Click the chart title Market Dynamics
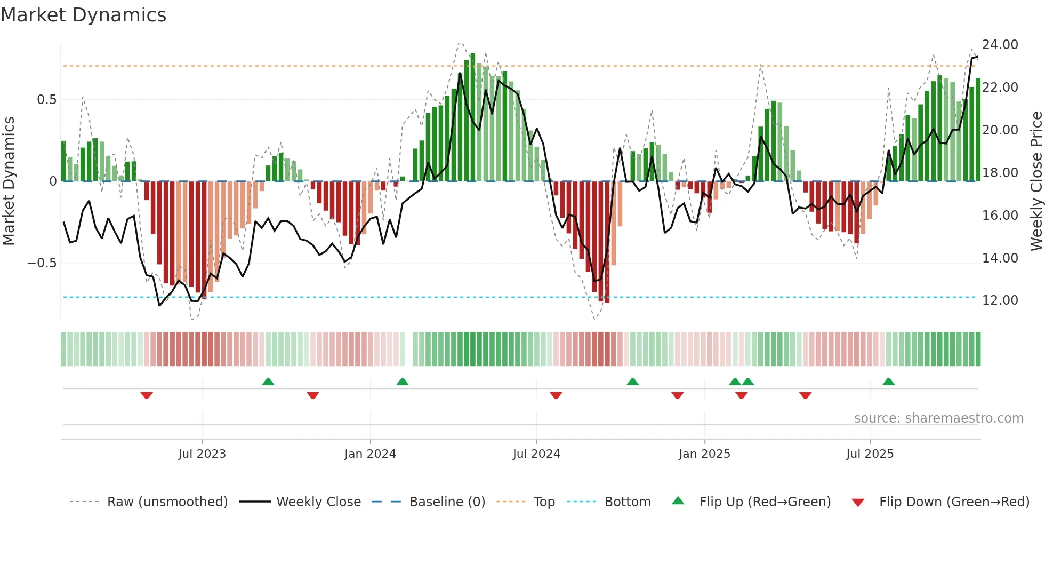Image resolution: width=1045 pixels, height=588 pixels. coord(84,15)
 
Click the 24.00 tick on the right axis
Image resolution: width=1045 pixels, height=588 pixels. coord(1000,45)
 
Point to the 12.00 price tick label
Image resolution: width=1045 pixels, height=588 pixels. coord(1000,300)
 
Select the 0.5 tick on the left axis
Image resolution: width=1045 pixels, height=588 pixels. coord(46,100)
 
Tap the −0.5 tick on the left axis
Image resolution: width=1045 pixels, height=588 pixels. coord(42,263)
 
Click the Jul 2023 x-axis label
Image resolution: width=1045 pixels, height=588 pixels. coord(202,454)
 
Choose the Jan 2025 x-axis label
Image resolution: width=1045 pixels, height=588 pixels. coord(704,454)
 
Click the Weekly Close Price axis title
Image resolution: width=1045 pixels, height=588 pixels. coord(1036,181)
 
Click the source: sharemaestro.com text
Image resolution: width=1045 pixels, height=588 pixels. coord(938,418)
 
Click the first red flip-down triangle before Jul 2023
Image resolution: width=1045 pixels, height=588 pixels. coord(147,395)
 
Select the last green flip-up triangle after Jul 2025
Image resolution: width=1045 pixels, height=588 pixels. coord(888,382)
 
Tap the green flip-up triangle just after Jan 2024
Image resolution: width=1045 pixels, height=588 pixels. coord(403,382)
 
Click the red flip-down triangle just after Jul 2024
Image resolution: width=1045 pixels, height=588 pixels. coord(556,395)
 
